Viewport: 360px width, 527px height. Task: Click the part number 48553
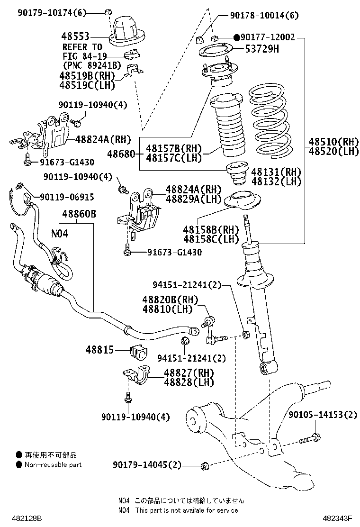click(x=75, y=36)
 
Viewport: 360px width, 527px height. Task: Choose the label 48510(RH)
click(x=333, y=142)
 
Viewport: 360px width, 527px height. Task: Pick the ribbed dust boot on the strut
click(x=226, y=127)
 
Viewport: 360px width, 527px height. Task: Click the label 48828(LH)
click(x=189, y=382)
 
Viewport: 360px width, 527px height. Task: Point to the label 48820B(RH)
click(x=168, y=300)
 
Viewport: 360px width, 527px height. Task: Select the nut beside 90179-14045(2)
click(x=205, y=466)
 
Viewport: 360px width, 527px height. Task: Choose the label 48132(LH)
click(x=276, y=181)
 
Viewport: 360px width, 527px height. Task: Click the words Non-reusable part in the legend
click(x=54, y=465)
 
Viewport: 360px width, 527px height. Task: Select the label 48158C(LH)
click(x=211, y=239)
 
